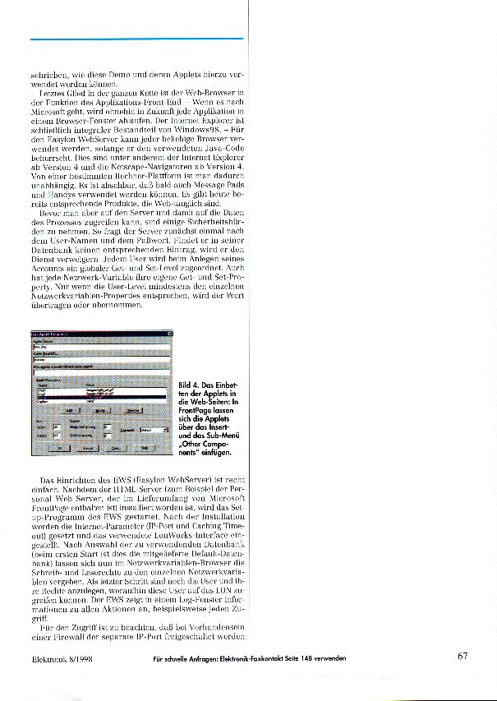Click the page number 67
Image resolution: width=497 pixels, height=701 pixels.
462,657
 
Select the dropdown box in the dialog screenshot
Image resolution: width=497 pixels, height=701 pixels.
153,428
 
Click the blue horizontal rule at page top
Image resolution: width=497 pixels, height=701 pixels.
136,39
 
